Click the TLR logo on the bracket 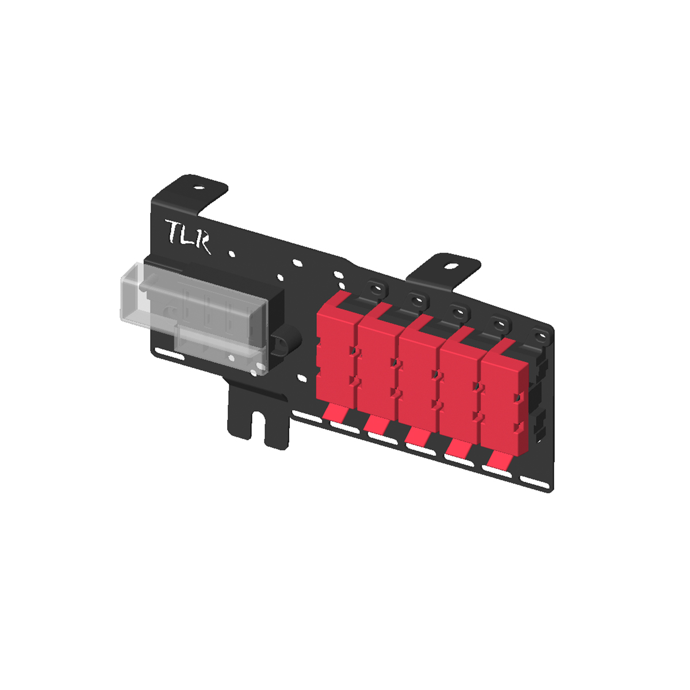point(187,236)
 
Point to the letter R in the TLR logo point(202,243)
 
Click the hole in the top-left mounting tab point(198,187)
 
